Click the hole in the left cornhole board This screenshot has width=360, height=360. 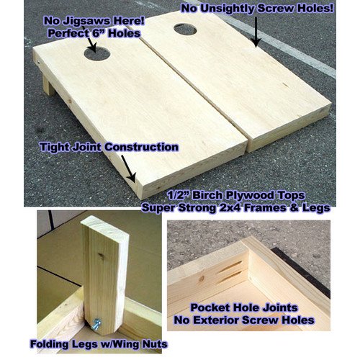point(97,53)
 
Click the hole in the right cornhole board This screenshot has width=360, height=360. point(185,30)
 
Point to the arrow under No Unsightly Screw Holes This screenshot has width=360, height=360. point(256,30)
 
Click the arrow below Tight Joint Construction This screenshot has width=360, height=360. point(128,168)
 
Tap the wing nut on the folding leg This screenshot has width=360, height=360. point(96,323)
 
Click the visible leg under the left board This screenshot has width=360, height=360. point(48,86)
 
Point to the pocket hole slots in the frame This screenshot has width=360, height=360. point(229,272)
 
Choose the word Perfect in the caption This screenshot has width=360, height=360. point(68,33)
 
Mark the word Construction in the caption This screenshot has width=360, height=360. point(141,147)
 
